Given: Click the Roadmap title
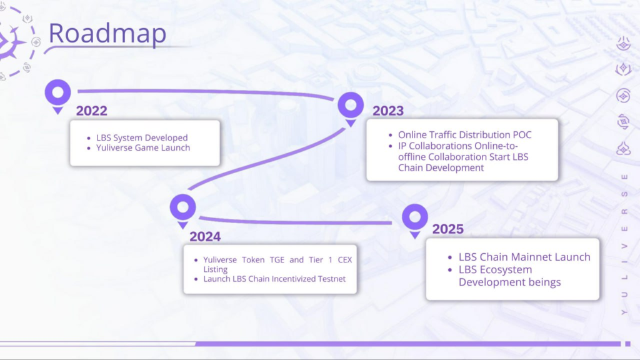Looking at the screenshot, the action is (107, 32).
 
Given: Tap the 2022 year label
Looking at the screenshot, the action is (91, 111).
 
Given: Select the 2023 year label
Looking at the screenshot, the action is (387, 111).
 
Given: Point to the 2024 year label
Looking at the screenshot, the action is (205, 236).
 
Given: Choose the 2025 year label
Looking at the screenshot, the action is (447, 229).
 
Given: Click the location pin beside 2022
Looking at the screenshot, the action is (58, 96).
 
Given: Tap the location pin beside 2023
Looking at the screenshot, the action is (351, 109).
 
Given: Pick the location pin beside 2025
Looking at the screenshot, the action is (415, 221).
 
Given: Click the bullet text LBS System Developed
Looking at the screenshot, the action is (142, 137).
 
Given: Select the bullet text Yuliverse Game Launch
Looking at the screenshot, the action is (143, 147).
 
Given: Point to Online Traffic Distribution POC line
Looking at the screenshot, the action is (465, 135).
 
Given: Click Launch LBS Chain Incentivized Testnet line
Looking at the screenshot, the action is (274, 279).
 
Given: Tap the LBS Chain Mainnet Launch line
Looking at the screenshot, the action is (524, 257).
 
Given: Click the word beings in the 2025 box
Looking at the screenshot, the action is (544, 282).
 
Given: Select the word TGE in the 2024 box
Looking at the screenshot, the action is (277, 259).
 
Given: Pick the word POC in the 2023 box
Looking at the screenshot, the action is (522, 135).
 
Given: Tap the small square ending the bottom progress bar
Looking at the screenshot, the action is (627, 344).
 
